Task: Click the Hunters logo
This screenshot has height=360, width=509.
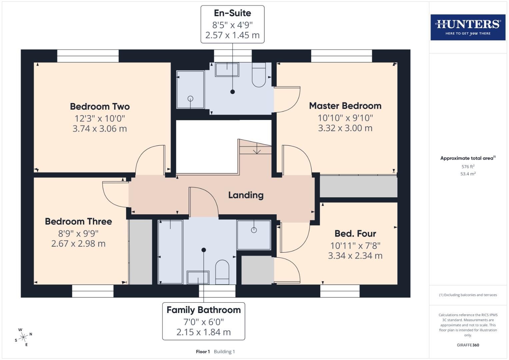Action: pyautogui.click(x=468, y=27)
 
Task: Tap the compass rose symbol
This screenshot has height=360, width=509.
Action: pyautogui.click(x=23, y=337)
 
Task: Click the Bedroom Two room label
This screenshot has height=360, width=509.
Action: pyautogui.click(x=100, y=107)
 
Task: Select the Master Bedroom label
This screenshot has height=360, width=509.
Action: pyautogui.click(x=345, y=106)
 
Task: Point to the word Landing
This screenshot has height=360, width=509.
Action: pyautogui.click(x=246, y=195)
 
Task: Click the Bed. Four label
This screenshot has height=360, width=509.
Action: pyautogui.click(x=355, y=234)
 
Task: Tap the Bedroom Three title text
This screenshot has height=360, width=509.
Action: pyautogui.click(x=78, y=222)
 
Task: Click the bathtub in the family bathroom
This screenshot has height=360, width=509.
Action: pyautogui.click(x=170, y=252)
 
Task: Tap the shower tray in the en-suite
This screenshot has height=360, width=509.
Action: pyautogui.click(x=190, y=89)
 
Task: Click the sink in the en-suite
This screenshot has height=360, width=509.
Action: pyautogui.click(x=227, y=70)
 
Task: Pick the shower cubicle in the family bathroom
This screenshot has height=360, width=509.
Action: pyautogui.click(x=254, y=235)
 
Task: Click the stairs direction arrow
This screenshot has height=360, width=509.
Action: pyautogui.click(x=257, y=150)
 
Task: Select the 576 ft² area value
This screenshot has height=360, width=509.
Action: pyautogui.click(x=468, y=167)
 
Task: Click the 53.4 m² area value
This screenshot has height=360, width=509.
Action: pyautogui.click(x=468, y=174)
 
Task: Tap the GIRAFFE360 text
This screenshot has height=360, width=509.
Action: pyautogui.click(x=468, y=345)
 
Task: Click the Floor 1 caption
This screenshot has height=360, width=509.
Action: pyautogui.click(x=203, y=352)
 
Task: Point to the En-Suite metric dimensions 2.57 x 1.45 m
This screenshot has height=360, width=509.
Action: pyautogui.click(x=232, y=35)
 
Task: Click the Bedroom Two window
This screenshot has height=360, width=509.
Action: pyautogui.click(x=88, y=56)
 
